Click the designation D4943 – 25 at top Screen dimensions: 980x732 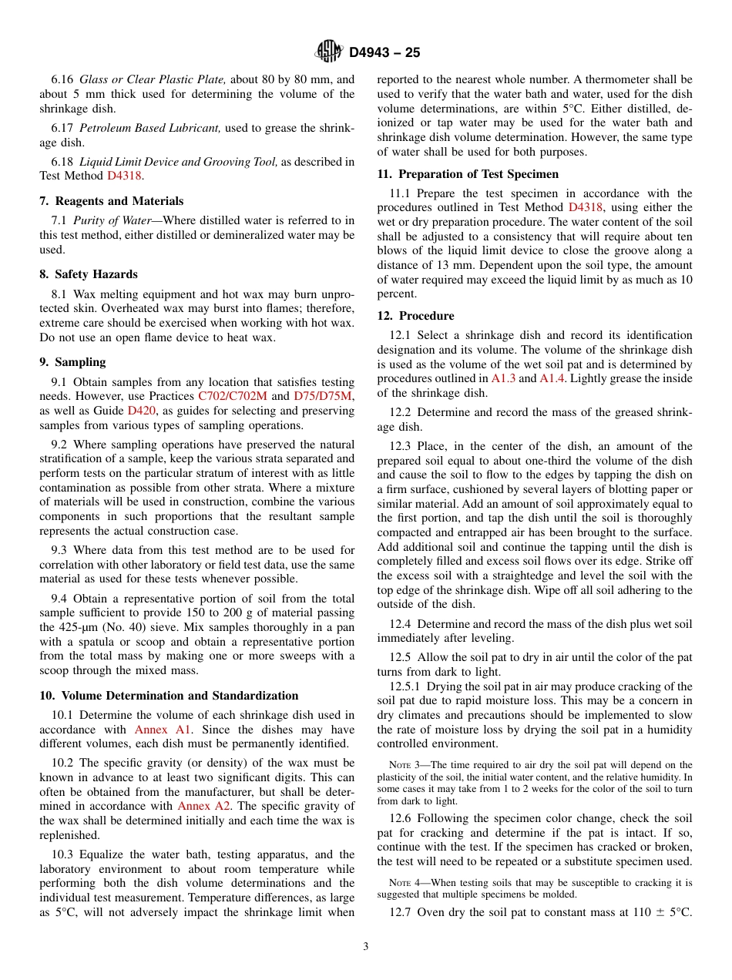(384, 52)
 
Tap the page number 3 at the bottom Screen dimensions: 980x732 (366, 947)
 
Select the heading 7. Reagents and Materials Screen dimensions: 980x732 (111, 201)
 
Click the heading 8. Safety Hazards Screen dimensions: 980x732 (89, 274)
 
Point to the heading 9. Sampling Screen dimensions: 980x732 (72, 362)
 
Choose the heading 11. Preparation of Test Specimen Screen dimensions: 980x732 (468, 174)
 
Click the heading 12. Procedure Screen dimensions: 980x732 (415, 316)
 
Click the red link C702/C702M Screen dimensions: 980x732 (232, 396)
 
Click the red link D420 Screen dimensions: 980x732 (141, 411)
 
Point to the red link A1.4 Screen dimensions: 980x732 (551, 378)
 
